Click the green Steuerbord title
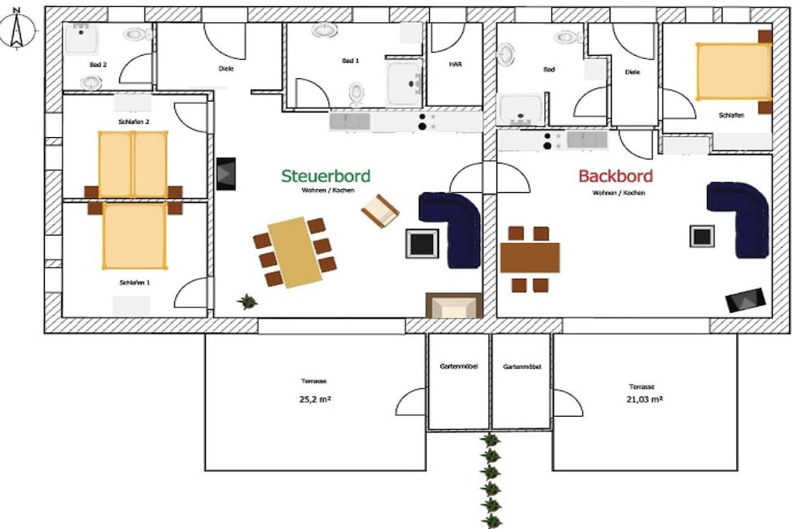tap(326, 176)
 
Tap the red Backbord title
tap(616, 176)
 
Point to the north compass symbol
tap(17, 29)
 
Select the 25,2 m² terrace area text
tap(315, 399)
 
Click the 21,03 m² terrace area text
tap(644, 399)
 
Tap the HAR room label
tap(455, 64)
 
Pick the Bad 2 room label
tap(98, 65)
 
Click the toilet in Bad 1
tap(356, 93)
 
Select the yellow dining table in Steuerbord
tap(295, 252)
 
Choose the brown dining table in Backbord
tap(530, 257)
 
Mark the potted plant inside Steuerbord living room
tap(247, 301)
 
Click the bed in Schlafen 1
tap(135, 235)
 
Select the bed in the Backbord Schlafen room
tap(733, 72)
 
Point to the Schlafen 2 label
tap(134, 122)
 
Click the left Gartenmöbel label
tap(458, 366)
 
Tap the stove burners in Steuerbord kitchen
tap(422, 122)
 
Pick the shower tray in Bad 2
tap(82, 39)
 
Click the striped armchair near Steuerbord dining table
tap(379, 211)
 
